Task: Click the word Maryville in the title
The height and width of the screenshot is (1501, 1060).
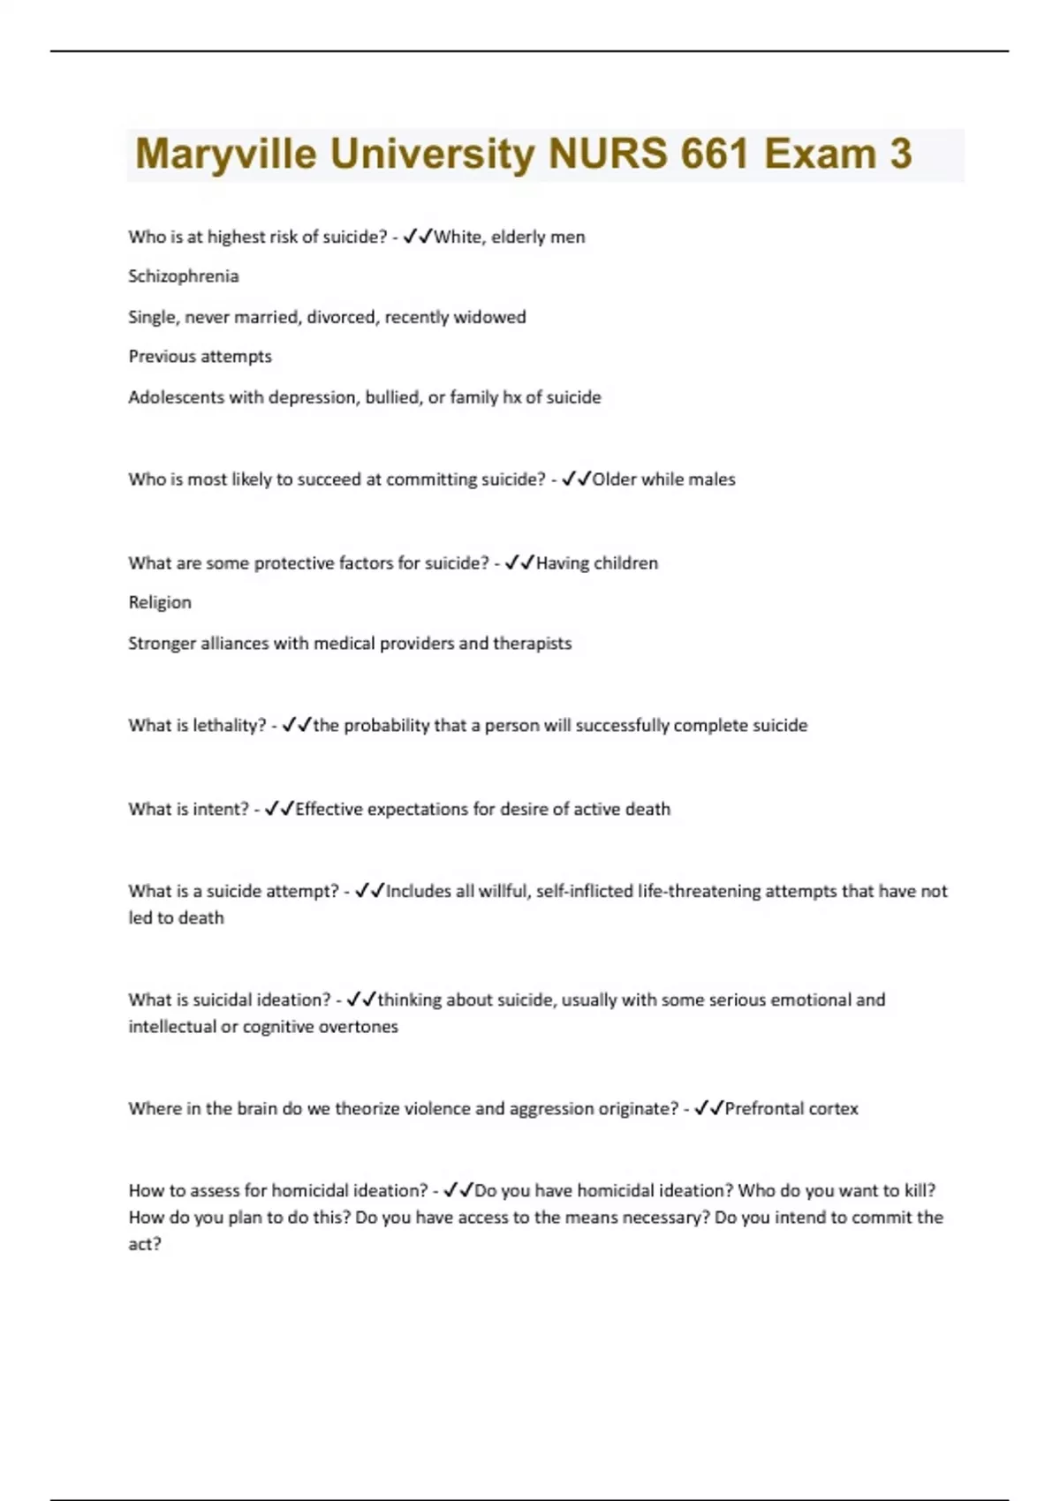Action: (225, 155)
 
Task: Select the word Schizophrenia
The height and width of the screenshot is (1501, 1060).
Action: (184, 276)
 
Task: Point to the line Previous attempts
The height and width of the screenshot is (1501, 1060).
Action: (200, 357)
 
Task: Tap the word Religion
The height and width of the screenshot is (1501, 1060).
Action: (160, 602)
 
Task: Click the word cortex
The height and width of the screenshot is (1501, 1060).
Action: (834, 1109)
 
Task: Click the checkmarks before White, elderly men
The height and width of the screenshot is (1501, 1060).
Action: (417, 237)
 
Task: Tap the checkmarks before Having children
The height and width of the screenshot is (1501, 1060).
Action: (519, 563)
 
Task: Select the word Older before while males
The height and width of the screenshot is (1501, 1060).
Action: (614, 479)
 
